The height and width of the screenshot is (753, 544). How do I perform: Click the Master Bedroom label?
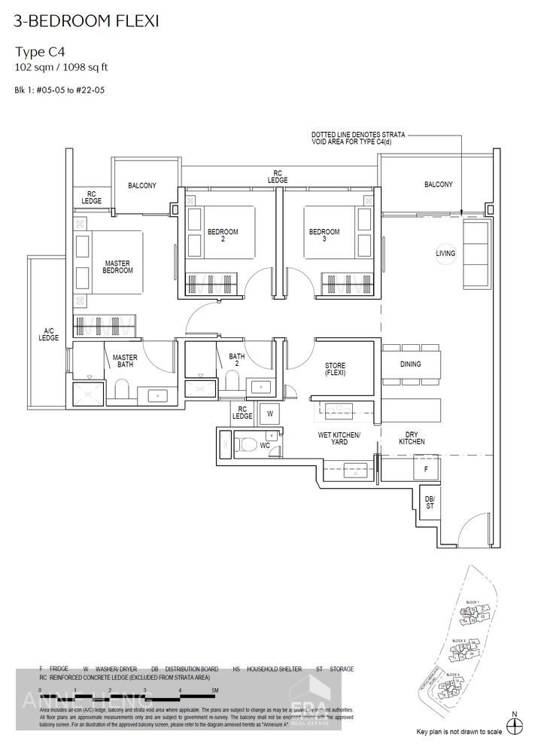click(118, 267)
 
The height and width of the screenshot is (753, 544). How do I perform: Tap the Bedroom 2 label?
click(223, 236)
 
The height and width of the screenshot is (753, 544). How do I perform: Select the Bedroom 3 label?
click(324, 236)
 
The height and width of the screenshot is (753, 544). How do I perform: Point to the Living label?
click(445, 254)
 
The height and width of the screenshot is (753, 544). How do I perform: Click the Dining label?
click(411, 364)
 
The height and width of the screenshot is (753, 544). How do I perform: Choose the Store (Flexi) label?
click(335, 369)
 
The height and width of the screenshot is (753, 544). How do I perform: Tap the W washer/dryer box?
click(269, 413)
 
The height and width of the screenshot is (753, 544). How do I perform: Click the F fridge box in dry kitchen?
click(426, 468)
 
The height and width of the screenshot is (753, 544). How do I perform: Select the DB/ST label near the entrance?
click(429, 502)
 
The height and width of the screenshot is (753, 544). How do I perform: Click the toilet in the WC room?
click(247, 444)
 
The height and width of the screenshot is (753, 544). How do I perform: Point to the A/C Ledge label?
click(49, 334)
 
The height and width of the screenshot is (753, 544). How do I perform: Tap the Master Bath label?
click(125, 361)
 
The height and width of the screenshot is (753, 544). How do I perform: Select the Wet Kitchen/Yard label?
click(339, 439)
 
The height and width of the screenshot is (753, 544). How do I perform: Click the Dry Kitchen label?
click(412, 437)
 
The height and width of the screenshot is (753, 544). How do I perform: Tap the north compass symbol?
click(515, 725)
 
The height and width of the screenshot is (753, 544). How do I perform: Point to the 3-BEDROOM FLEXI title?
click(86, 20)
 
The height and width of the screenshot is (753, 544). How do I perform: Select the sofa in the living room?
click(474, 256)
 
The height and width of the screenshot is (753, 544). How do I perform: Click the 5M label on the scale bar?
click(214, 690)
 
